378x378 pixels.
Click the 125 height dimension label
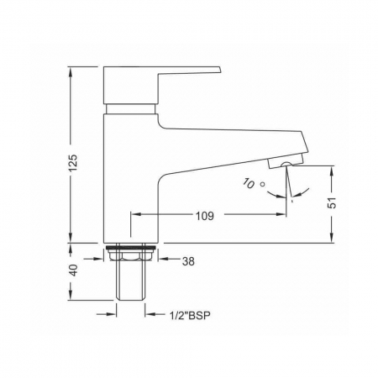(73, 163)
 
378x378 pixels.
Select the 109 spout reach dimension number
(205, 216)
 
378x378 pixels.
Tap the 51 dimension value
(332, 202)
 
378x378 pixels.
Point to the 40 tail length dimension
(73, 270)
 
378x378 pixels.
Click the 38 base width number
(188, 261)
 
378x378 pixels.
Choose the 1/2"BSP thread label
(190, 316)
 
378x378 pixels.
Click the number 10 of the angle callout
(249, 183)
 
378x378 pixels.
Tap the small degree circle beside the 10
(262, 184)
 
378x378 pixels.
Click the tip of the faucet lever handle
(220, 69)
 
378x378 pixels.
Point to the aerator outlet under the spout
(286, 165)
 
